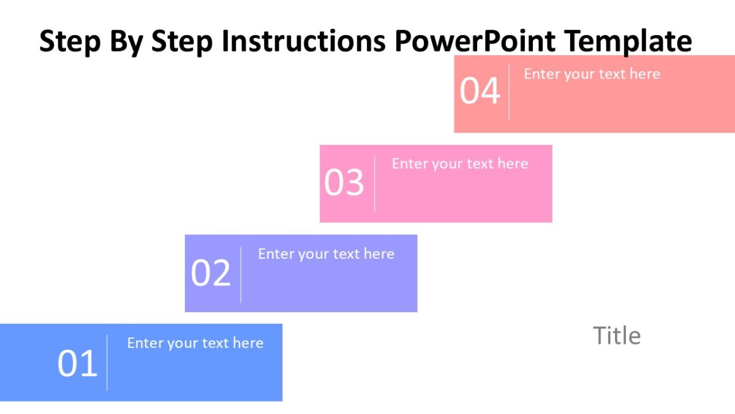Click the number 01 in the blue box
click(x=77, y=364)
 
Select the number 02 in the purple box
click(x=211, y=274)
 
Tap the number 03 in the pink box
click(x=344, y=183)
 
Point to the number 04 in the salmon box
click(x=480, y=91)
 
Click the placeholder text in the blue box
click(x=195, y=343)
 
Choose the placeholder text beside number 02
click(x=326, y=254)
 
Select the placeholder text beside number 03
click(x=459, y=164)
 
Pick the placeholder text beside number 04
click(x=592, y=74)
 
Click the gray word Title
click(x=616, y=336)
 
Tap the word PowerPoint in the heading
click(x=475, y=42)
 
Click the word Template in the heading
click(x=627, y=42)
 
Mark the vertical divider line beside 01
click(x=107, y=362)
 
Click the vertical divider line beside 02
click(x=241, y=274)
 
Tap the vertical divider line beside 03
click(x=374, y=183)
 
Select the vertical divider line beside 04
click(x=508, y=93)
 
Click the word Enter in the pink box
click(x=410, y=164)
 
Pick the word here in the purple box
click(x=379, y=254)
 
